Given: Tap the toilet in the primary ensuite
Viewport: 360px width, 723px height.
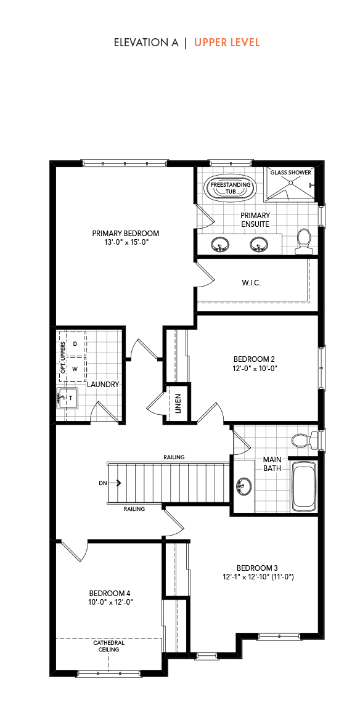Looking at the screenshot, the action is tap(304, 242).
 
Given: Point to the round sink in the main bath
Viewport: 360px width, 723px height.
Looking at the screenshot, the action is tap(243, 486).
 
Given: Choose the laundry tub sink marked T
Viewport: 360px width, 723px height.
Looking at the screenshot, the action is tap(67, 397).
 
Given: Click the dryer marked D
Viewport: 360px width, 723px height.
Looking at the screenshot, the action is tap(75, 344).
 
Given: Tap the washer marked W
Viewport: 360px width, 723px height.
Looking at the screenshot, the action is tap(75, 369).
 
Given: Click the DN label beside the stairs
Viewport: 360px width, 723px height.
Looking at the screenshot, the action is tap(103, 483).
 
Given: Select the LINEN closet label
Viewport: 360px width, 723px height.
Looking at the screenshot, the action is tap(178, 402).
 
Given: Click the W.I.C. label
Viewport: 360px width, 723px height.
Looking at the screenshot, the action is tap(252, 283).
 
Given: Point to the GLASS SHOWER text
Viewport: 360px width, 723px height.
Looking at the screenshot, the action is tap(291, 173).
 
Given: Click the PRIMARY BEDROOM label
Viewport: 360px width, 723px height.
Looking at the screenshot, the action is tap(125, 234).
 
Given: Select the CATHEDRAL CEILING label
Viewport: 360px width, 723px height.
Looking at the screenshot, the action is tap(108, 645).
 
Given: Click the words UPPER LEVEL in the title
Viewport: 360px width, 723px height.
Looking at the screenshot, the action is tap(227, 43).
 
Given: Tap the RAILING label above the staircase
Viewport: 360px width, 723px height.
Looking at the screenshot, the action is tap(174, 457).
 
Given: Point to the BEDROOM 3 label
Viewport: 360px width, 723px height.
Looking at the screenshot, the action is tap(258, 568).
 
